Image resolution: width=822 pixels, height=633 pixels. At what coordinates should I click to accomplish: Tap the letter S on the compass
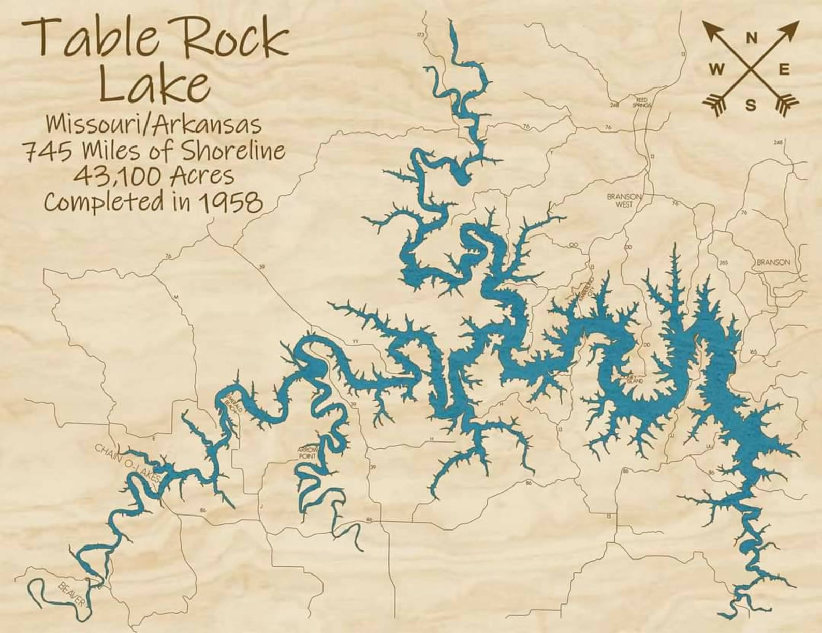(x=751, y=106)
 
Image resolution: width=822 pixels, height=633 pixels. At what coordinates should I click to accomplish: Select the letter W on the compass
(x=717, y=70)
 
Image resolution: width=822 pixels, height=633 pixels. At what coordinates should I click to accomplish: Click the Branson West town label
(x=624, y=200)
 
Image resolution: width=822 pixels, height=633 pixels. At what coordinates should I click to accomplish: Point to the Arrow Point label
(x=307, y=453)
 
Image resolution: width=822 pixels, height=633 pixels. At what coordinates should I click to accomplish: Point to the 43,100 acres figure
(x=112, y=176)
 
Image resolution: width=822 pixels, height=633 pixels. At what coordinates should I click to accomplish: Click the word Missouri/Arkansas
(x=154, y=125)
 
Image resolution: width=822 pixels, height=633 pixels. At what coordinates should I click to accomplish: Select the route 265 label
(x=723, y=263)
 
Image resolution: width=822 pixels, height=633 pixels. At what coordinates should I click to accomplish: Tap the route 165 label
(x=753, y=352)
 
